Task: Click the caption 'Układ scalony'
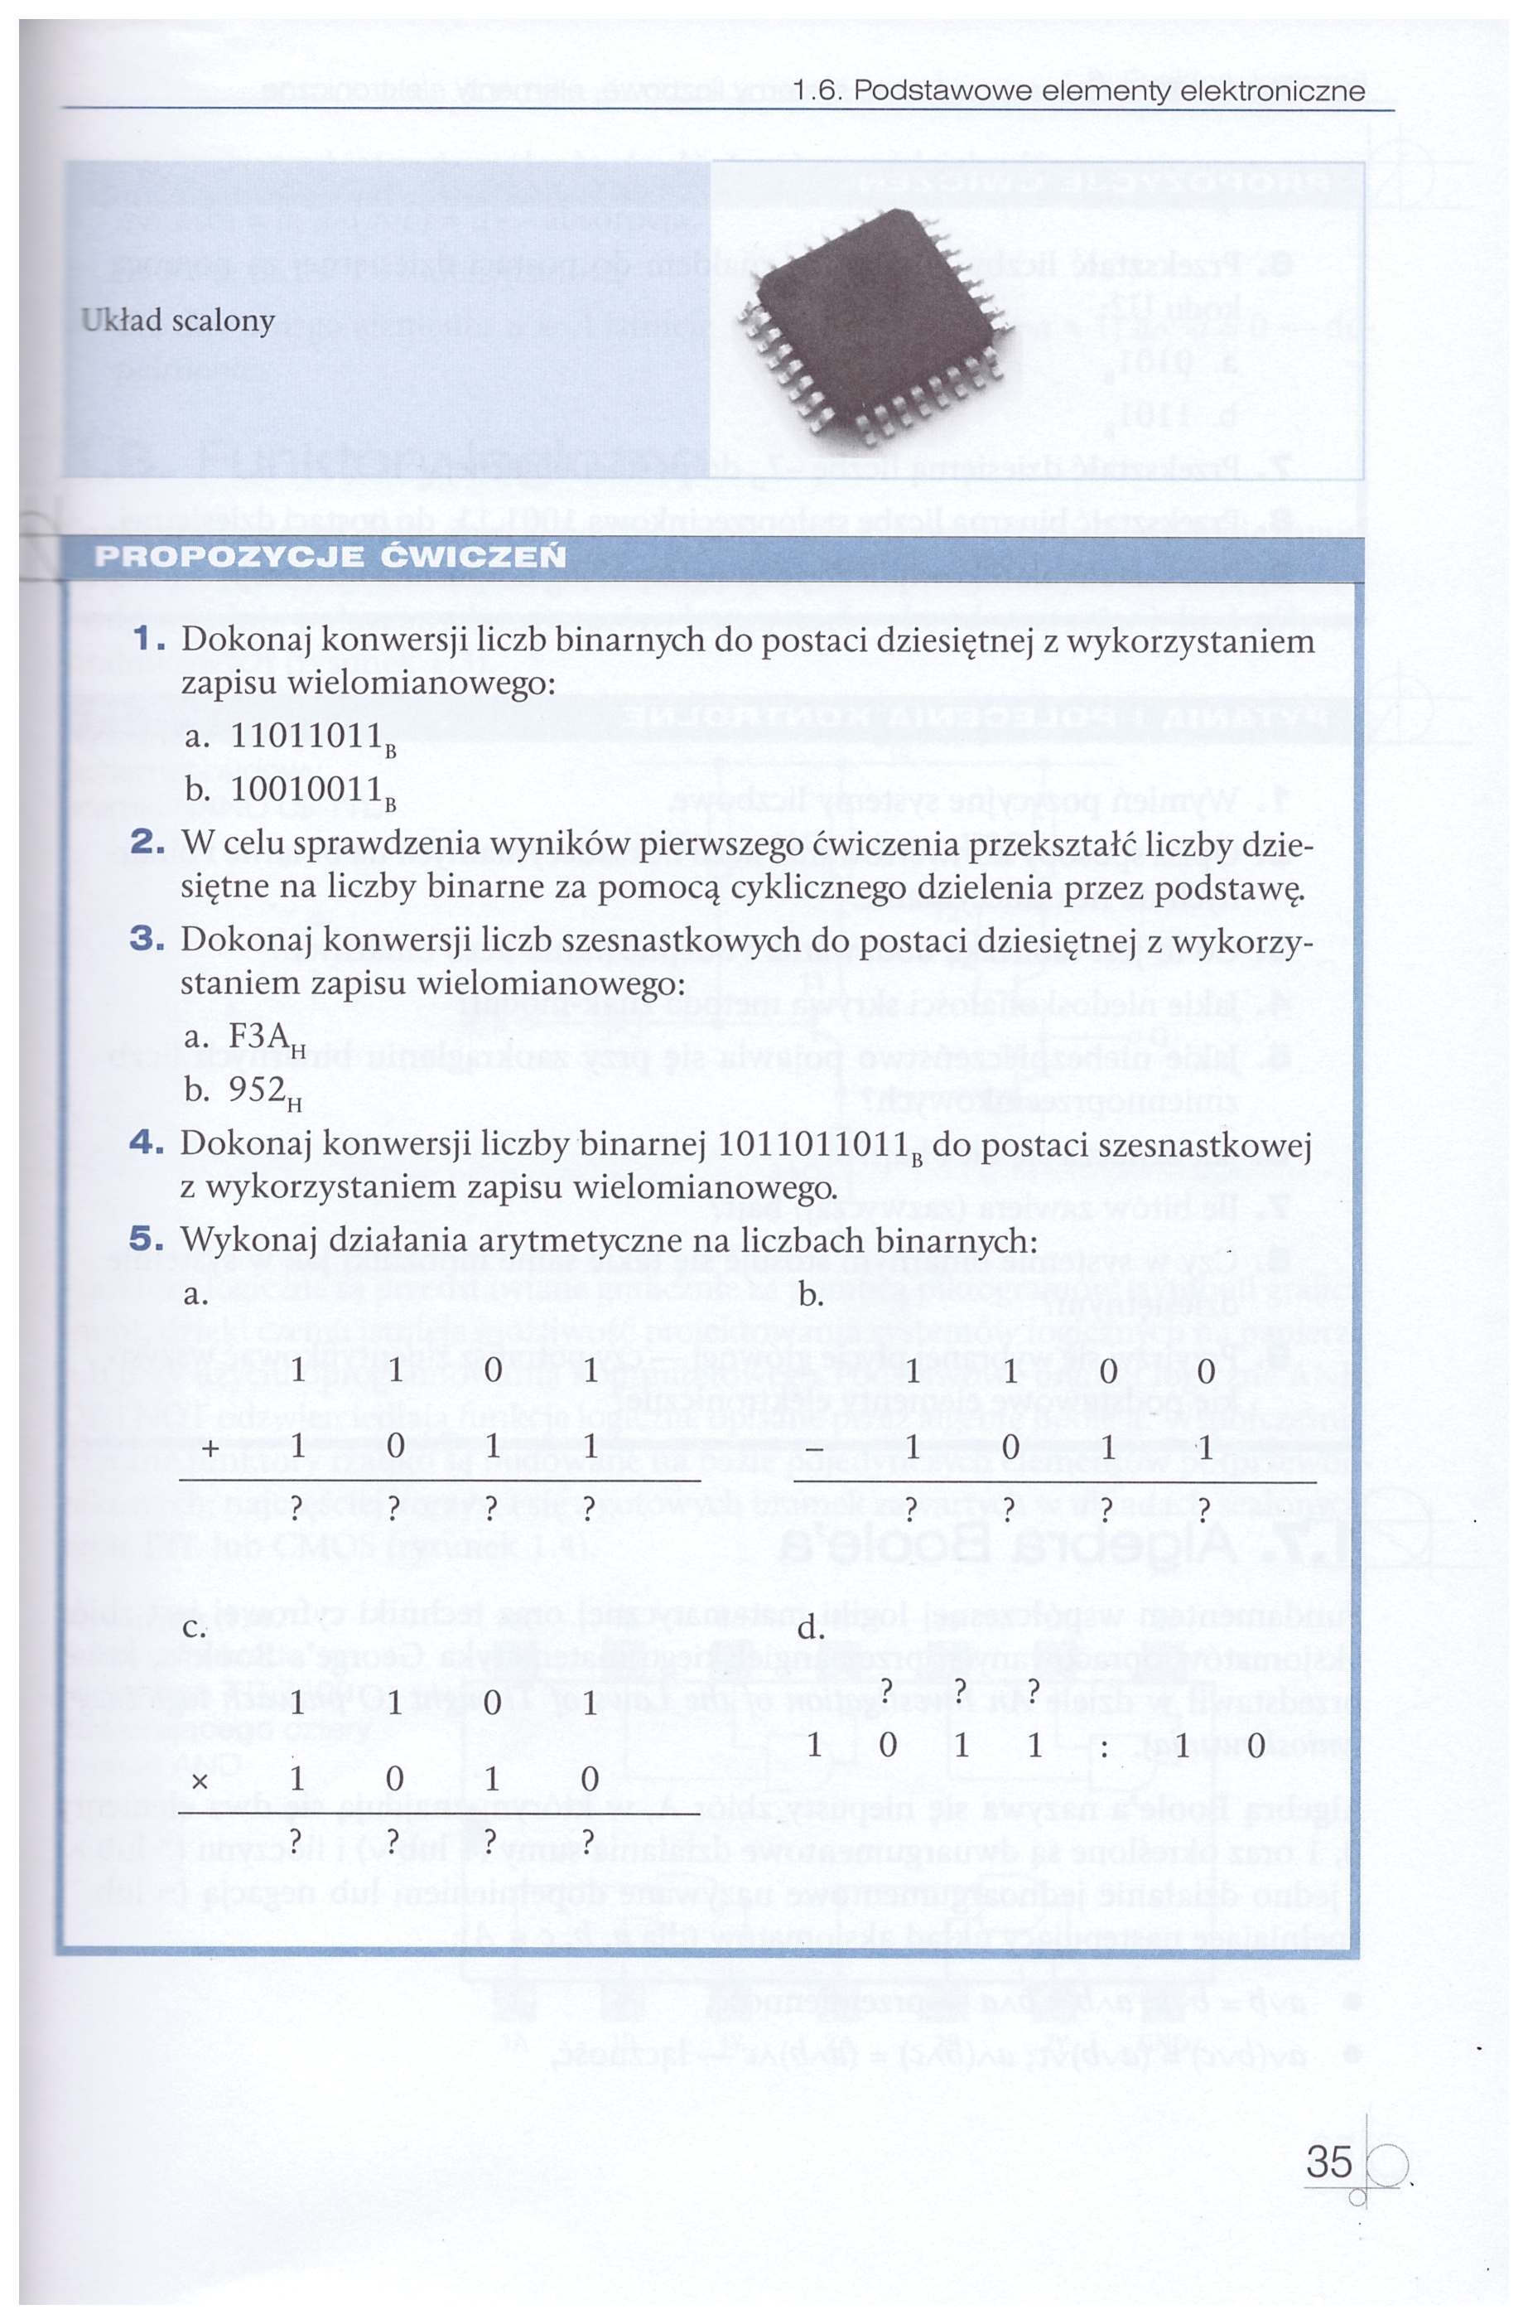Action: click(178, 321)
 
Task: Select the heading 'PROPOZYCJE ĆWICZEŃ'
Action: click(330, 558)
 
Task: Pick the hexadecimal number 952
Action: click(258, 1089)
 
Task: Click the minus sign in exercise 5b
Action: click(815, 1449)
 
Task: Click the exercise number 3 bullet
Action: click(147, 939)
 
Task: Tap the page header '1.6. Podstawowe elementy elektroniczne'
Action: click(1079, 91)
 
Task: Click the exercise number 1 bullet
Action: click(148, 640)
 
